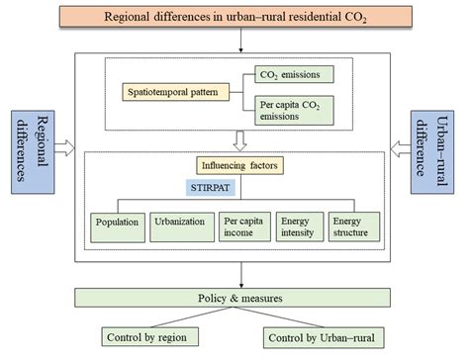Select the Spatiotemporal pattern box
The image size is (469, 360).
171,93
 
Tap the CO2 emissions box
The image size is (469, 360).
286,73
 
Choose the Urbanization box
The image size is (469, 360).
179,225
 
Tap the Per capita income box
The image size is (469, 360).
241,225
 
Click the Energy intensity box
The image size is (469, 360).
301,225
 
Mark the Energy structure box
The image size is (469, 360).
354,225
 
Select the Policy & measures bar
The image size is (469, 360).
240,298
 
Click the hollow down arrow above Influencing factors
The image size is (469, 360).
239,138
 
